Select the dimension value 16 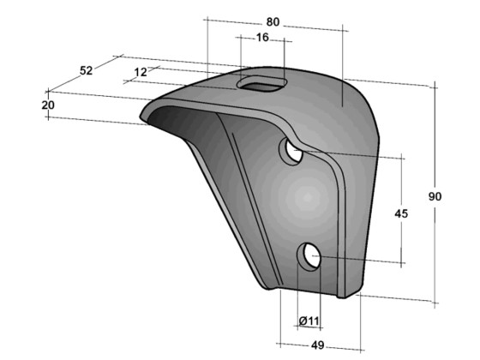[261, 37]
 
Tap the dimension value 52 [87, 70]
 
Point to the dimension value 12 [141, 72]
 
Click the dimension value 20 [48, 104]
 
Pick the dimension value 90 [435, 196]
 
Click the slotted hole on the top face [261, 82]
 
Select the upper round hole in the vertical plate [292, 153]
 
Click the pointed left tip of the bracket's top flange [145, 118]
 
